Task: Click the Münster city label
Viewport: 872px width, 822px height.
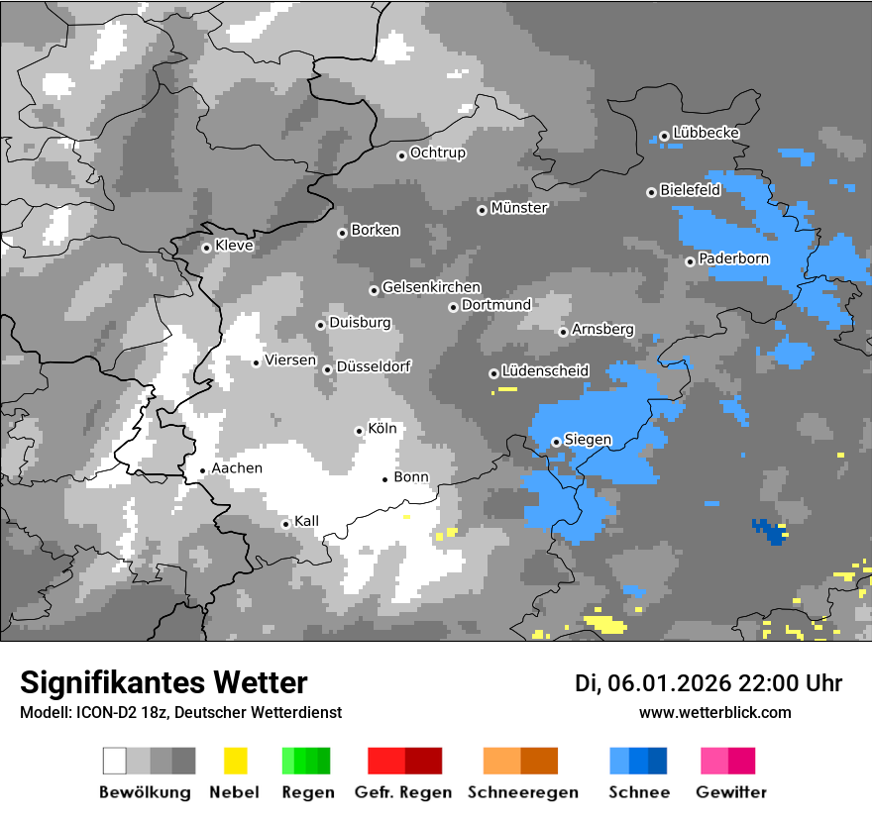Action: tap(519, 208)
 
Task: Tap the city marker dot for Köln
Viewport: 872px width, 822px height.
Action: tap(359, 431)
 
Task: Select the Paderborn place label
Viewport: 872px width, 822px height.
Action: tap(733, 259)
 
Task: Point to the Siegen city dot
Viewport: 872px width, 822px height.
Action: tap(556, 442)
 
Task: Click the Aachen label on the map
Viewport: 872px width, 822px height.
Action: tap(237, 468)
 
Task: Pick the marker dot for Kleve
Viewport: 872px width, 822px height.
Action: tap(206, 248)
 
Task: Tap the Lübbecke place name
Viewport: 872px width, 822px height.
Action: tap(706, 133)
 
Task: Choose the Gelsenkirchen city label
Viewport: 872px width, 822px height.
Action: tap(431, 288)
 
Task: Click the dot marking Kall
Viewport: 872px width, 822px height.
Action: tap(285, 524)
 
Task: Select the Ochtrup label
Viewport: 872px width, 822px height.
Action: tap(437, 154)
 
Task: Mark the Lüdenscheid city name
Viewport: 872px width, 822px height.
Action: tap(545, 371)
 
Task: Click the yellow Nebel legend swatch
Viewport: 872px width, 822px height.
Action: tap(235, 761)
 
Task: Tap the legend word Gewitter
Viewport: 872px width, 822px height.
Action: tap(731, 792)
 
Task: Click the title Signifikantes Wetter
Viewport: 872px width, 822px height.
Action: tap(163, 682)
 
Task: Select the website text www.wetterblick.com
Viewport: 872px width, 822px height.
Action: tap(715, 712)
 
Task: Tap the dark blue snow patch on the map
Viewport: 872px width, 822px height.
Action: tap(770, 532)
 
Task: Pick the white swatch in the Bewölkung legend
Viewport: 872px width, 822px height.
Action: tap(115, 761)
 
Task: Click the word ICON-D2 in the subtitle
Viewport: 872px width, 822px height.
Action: tap(99, 712)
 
